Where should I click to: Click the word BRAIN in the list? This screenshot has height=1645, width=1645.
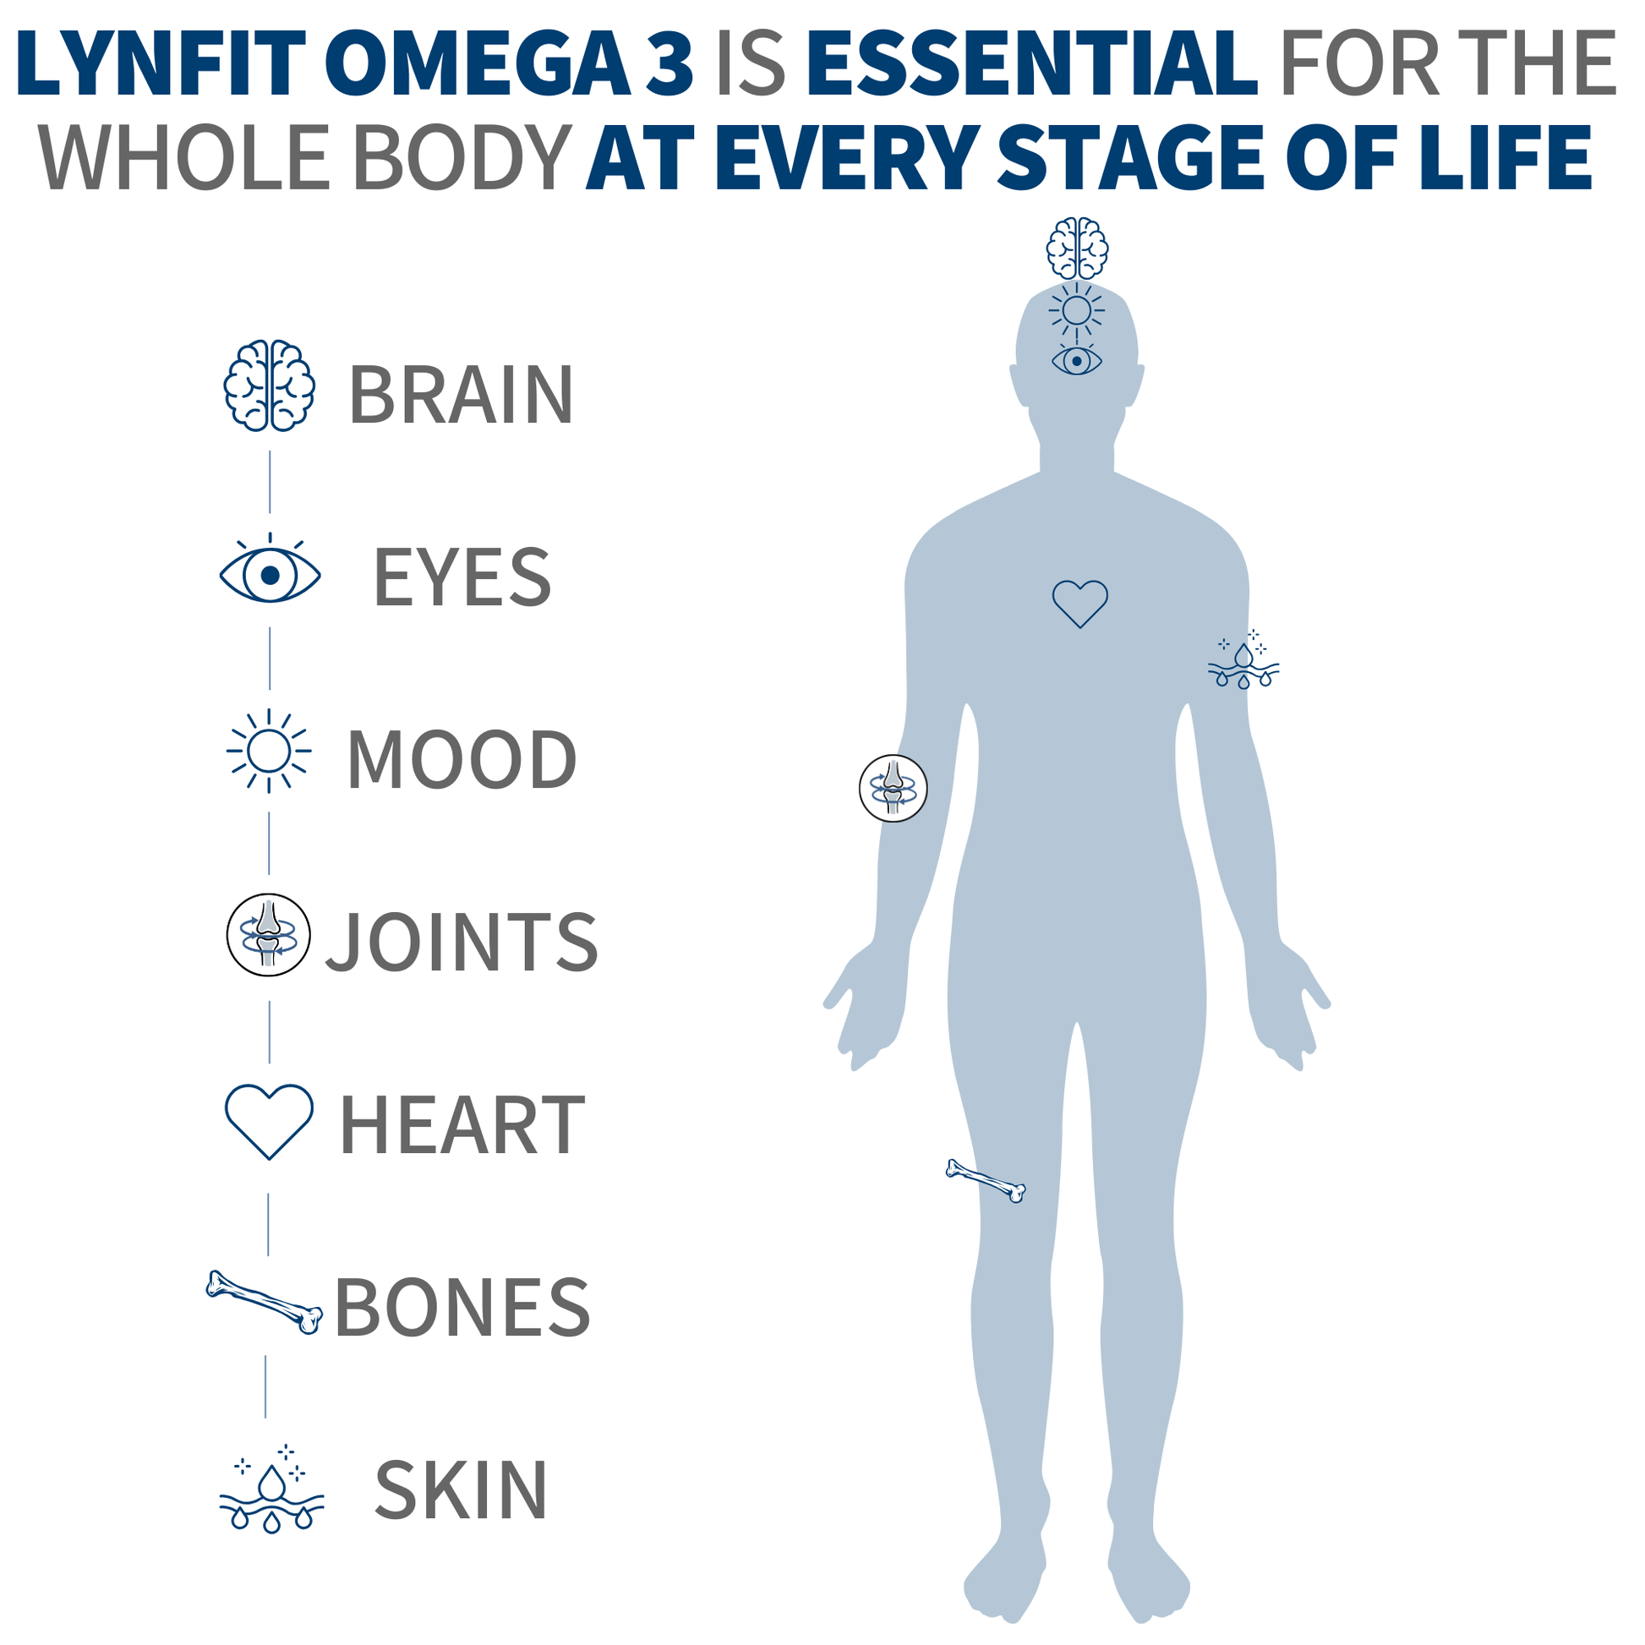(x=462, y=394)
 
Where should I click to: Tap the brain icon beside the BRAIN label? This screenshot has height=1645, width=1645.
(x=269, y=385)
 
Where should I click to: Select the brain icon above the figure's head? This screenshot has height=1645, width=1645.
(x=1077, y=248)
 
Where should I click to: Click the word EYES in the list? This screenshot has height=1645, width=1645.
(x=462, y=577)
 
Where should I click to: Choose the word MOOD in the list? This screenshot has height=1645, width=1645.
(x=462, y=758)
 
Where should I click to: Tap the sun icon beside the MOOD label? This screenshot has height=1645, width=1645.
(x=269, y=751)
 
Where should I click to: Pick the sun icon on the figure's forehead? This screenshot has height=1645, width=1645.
(x=1077, y=311)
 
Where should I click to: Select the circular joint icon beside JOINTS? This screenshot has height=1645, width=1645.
(x=268, y=935)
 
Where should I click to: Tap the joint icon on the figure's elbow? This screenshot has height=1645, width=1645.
(x=894, y=789)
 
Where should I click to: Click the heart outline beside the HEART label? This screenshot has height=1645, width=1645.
(x=269, y=1122)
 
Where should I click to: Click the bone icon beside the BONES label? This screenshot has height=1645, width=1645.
(x=264, y=1303)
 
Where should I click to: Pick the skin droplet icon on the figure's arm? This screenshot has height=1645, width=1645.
(x=1244, y=660)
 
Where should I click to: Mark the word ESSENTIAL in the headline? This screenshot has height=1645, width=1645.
(x=1031, y=64)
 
